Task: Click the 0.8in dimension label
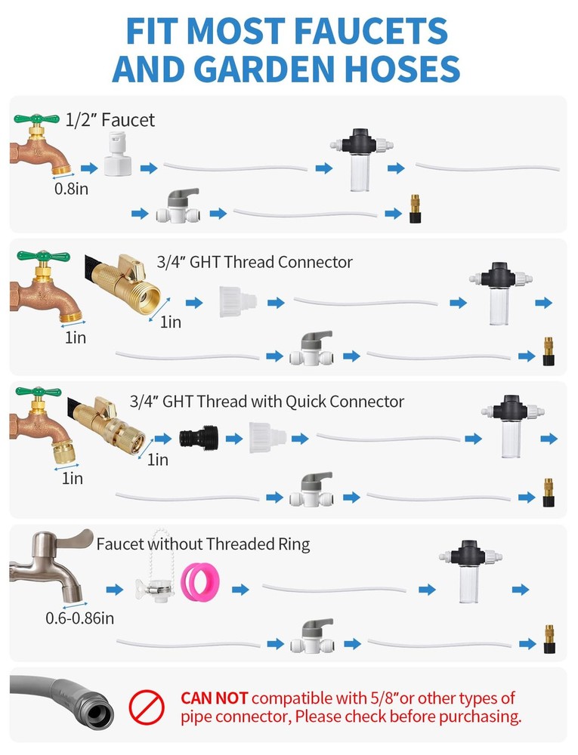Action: point(71,189)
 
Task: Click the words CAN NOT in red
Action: point(215,698)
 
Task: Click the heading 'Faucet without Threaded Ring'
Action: point(203,544)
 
